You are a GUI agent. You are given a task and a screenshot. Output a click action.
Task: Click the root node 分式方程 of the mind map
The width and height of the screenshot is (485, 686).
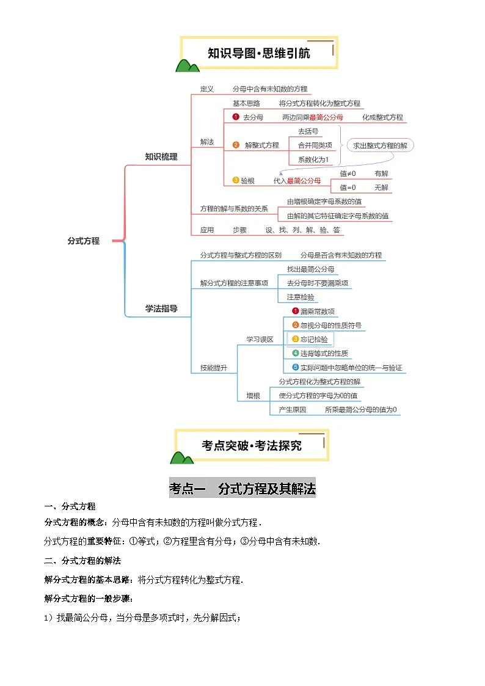click(x=83, y=241)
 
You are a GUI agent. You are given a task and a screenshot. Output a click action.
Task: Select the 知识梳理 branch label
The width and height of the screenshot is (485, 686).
click(x=161, y=157)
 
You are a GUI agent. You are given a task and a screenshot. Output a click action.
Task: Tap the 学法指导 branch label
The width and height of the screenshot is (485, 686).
click(x=161, y=308)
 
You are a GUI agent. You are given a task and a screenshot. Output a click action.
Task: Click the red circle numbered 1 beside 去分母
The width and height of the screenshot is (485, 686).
click(x=236, y=117)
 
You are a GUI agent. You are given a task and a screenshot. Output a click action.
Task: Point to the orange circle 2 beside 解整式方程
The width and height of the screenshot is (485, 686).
click(x=236, y=145)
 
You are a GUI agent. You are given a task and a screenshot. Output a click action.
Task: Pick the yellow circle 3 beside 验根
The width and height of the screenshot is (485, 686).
click(x=236, y=180)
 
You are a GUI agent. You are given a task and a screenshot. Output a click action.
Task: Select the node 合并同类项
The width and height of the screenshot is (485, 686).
click(x=315, y=145)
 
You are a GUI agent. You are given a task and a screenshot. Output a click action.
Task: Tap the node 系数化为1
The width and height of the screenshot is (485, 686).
click(x=313, y=159)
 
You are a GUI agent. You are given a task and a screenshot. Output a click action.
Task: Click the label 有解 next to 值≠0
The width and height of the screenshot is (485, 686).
click(x=381, y=173)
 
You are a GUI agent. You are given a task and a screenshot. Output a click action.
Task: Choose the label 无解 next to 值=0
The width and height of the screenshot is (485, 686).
click(x=381, y=188)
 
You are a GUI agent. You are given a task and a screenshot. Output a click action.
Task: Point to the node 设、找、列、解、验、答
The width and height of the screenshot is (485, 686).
click(x=303, y=230)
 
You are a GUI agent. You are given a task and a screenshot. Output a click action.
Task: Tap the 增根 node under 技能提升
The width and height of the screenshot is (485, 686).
click(x=253, y=396)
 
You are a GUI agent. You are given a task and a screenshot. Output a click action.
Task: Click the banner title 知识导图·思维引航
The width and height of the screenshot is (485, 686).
click(x=259, y=53)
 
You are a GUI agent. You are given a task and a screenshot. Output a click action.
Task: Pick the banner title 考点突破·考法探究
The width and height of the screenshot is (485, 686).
click(x=252, y=445)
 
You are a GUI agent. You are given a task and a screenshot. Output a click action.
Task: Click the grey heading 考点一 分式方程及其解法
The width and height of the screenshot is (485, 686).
click(x=242, y=489)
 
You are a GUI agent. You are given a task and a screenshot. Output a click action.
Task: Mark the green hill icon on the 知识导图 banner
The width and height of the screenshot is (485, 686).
click(x=187, y=65)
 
